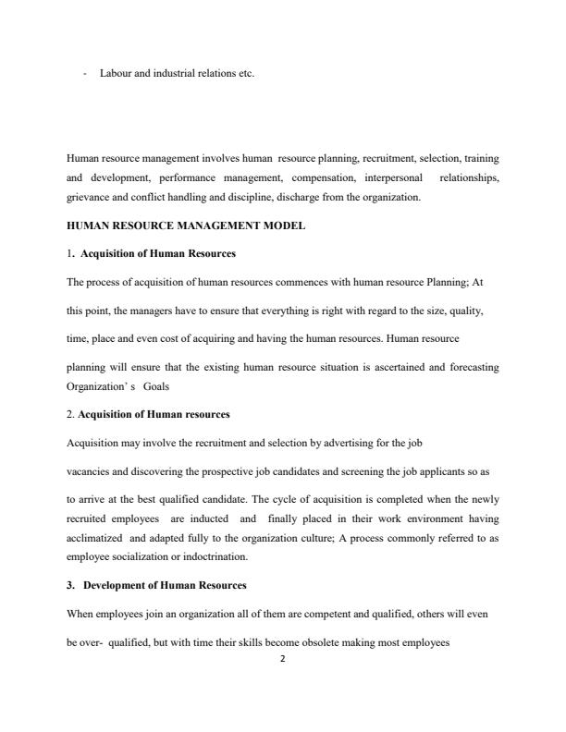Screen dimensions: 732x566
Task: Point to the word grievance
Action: pos(89,197)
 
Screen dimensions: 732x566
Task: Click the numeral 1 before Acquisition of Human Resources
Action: pos(68,253)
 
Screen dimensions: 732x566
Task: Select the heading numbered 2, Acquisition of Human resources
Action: pos(154,413)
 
